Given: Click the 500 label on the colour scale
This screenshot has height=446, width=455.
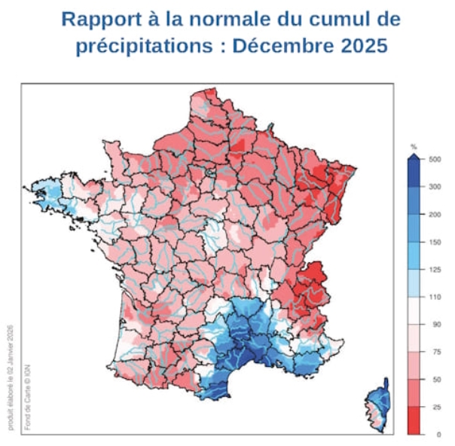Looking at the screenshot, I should click(435, 160).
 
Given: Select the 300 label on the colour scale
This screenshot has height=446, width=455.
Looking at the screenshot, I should click(435, 187).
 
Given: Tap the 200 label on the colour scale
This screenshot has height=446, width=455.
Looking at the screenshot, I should click(435, 215).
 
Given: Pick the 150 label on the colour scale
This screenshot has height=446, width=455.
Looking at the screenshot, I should click(435, 242).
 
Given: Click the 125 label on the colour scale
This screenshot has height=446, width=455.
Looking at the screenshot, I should click(435, 270).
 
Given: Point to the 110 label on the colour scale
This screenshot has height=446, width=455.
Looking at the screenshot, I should click(435, 297).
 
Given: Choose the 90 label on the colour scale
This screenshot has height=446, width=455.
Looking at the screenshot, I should click(433, 325).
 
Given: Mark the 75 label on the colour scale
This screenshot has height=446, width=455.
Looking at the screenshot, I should click(433, 352).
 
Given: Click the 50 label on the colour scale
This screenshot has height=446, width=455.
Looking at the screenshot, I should click(433, 380).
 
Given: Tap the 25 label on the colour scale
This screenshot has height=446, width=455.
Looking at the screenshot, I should click(433, 407).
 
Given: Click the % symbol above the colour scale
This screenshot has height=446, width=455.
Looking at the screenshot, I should click(414, 146).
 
